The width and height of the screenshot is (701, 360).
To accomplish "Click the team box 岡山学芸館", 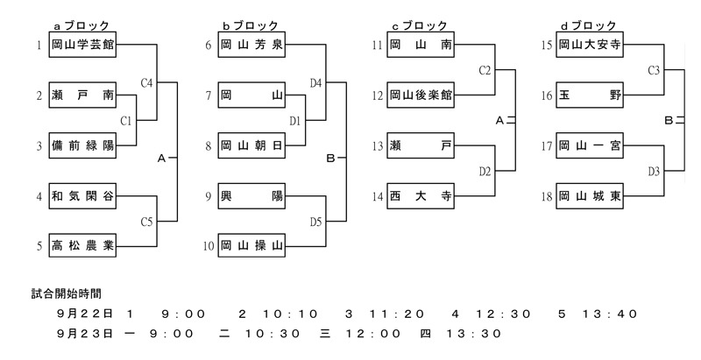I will tap(81, 44).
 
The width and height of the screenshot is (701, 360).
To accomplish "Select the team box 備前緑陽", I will tap(81, 145).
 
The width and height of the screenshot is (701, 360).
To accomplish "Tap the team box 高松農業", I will tap(81, 246).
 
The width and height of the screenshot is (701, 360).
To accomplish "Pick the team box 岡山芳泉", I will tap(251, 44).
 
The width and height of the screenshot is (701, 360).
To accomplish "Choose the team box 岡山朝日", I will tap(251, 145).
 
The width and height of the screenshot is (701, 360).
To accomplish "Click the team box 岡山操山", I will tap(251, 246).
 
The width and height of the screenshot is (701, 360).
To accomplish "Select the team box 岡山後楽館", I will tap(421, 95).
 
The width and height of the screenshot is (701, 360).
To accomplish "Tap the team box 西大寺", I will tap(421, 196).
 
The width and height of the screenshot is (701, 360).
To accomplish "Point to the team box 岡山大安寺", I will tap(590, 44).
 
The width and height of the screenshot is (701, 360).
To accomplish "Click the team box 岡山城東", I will tap(590, 196).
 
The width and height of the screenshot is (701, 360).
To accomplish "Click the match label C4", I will tap(146, 83).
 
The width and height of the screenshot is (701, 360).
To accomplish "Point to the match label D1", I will tap(295, 121).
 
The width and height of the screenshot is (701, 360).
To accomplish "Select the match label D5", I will tap(316, 222).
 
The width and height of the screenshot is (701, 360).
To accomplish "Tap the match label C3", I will tap(654, 69).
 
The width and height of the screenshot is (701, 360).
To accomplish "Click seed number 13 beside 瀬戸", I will tap(376, 146).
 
